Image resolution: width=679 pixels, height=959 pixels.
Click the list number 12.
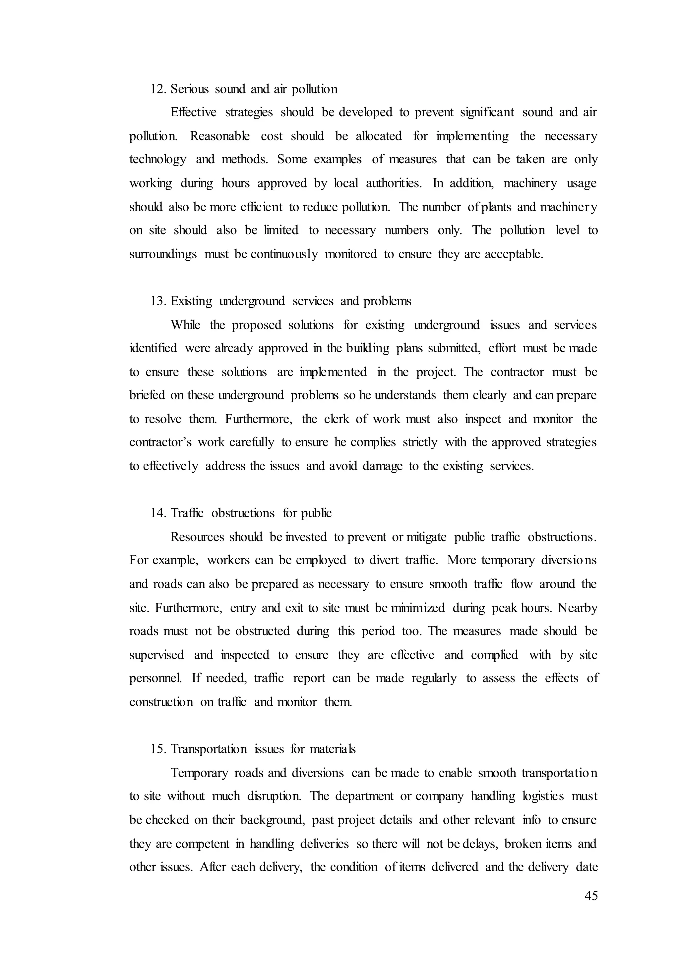tap(158, 89)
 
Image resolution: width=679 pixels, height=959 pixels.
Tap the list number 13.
tap(158, 301)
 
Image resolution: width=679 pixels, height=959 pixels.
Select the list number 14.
tap(158, 513)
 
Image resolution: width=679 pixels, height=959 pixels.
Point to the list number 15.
tap(158, 749)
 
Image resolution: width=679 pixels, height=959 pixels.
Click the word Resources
tap(197, 537)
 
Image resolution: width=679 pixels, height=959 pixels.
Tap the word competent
tap(202, 844)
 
